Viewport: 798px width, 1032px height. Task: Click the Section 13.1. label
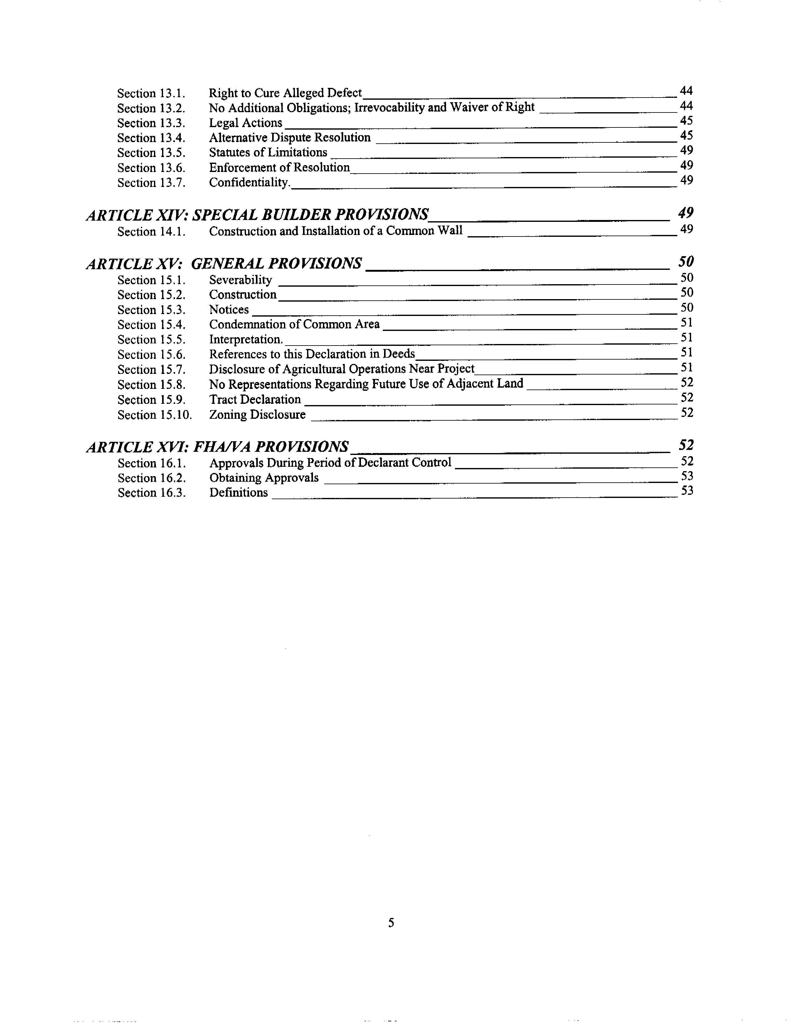click(151, 93)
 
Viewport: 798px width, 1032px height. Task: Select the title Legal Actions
click(245, 123)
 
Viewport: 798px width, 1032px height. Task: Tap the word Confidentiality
click(249, 182)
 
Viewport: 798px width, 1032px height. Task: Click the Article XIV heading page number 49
click(685, 213)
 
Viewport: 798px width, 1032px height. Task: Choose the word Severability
click(240, 280)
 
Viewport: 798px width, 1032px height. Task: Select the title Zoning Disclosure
click(257, 415)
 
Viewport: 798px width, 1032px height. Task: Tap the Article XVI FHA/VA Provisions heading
click(218, 447)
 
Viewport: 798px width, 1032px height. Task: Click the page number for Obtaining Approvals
click(686, 476)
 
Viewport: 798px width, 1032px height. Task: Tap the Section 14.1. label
click(151, 232)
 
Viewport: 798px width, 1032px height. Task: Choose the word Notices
click(229, 309)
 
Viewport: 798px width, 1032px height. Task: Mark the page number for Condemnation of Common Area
click(686, 323)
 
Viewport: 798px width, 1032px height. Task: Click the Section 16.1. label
click(151, 463)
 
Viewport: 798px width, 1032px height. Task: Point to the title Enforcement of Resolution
click(279, 168)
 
